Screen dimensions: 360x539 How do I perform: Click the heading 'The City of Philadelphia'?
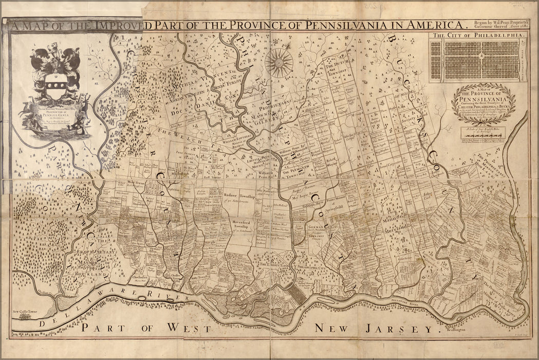click(x=479, y=36)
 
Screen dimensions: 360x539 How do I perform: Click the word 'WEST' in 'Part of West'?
click(x=186, y=328)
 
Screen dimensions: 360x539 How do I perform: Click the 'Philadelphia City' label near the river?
click(x=311, y=268)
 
